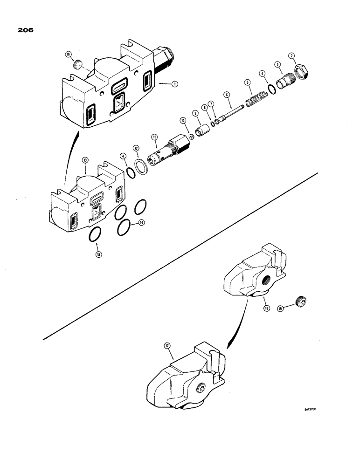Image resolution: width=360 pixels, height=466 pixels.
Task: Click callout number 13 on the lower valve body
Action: (x=85, y=160)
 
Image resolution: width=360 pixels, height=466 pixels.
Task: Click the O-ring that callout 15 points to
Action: (x=95, y=235)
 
